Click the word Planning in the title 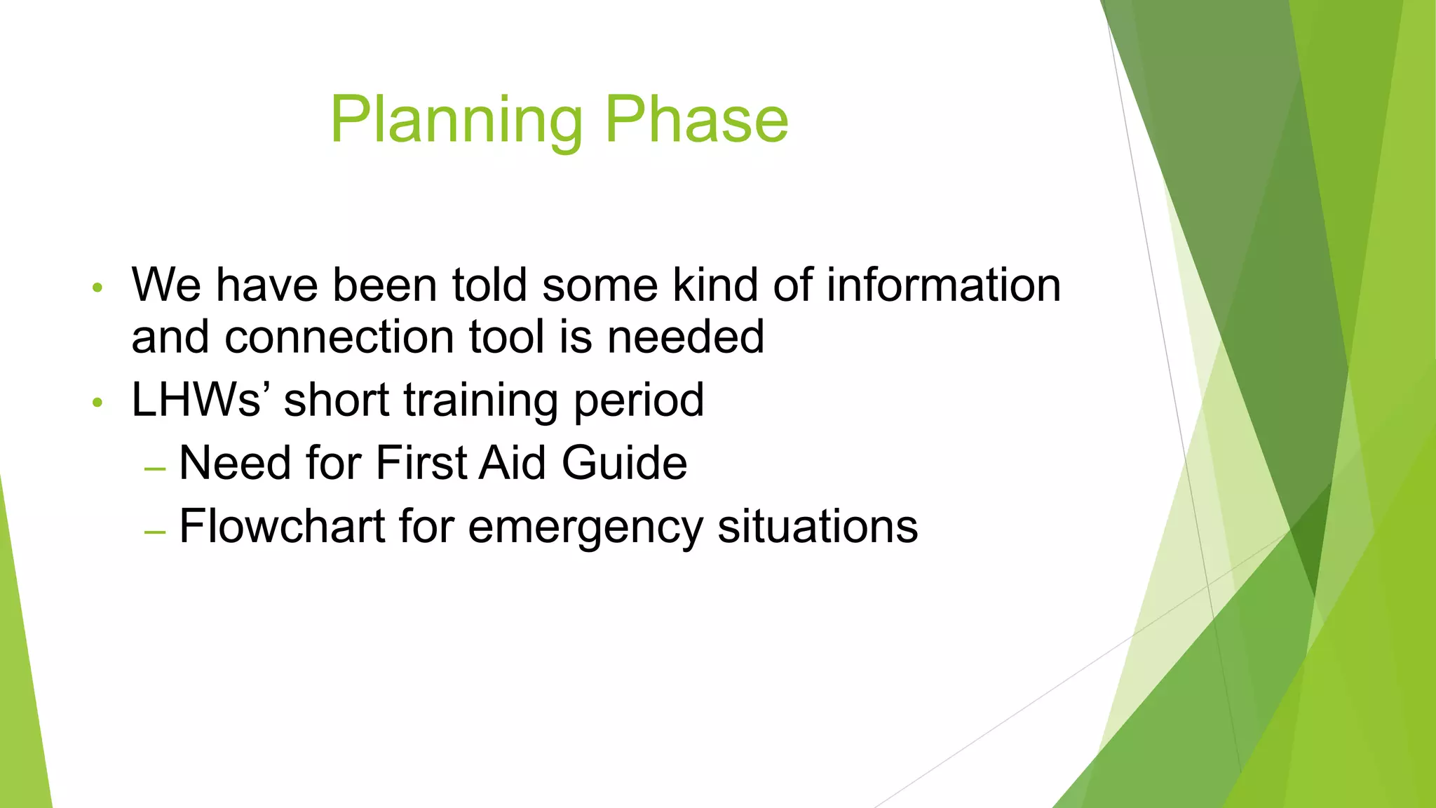pyautogui.click(x=456, y=121)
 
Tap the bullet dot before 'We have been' pyautogui.click(x=97, y=288)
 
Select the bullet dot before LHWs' pyautogui.click(x=97, y=403)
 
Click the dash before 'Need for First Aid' pyautogui.click(x=154, y=468)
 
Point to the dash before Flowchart pyautogui.click(x=154, y=531)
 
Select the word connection pyautogui.click(x=339, y=337)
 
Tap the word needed pyautogui.click(x=685, y=337)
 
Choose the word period pyautogui.click(x=638, y=401)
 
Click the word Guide pyautogui.click(x=624, y=463)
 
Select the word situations pyautogui.click(x=818, y=526)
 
